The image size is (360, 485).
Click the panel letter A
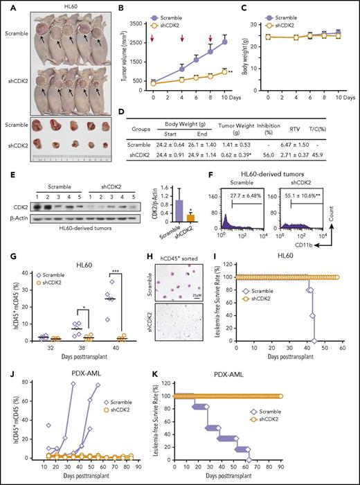pyautogui.click(x=6, y=6)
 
